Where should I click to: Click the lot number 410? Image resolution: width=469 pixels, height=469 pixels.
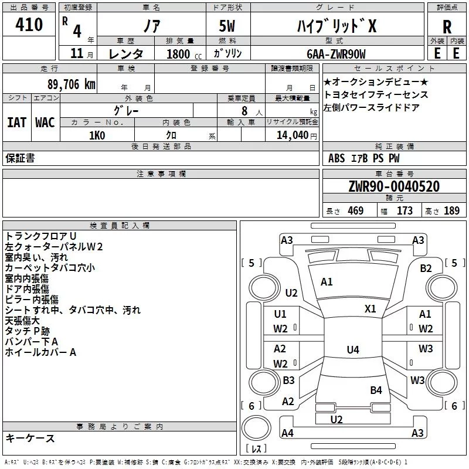29,25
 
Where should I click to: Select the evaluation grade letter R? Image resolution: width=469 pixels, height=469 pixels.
447,26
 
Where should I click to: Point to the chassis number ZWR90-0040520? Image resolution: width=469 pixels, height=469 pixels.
394,186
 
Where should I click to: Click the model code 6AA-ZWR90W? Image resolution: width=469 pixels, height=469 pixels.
336,54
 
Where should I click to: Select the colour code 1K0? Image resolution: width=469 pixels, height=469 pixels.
97,135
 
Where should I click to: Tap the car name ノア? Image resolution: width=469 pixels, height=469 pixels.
151,26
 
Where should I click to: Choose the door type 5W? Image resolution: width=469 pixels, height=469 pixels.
227,26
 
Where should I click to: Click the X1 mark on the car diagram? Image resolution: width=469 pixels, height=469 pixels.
371,308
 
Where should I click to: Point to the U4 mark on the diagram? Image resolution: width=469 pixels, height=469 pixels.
352,350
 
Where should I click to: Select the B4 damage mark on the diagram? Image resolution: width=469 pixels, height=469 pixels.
376,390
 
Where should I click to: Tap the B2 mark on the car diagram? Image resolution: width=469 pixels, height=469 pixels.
426,268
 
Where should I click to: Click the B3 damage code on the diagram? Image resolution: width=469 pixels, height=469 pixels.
288,380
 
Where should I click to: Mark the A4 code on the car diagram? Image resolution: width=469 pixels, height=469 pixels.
287,433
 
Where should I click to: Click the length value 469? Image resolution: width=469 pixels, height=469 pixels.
355,211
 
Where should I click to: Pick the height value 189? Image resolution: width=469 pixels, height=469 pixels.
451,211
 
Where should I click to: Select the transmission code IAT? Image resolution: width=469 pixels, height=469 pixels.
16,122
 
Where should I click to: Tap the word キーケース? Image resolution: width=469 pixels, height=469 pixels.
30,438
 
